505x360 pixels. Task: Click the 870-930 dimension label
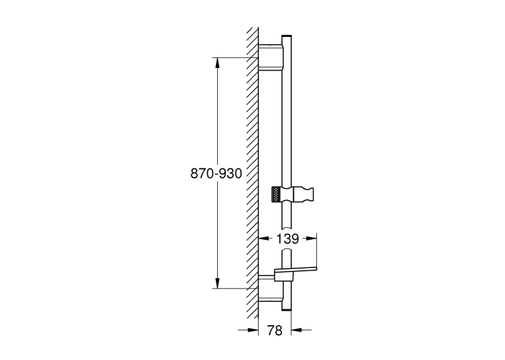click(216, 173)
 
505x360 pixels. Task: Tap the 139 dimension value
click(288, 239)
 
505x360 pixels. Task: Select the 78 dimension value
click(275, 330)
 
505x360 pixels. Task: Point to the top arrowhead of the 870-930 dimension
click(217, 63)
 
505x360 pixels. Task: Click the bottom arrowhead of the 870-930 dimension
click(217, 283)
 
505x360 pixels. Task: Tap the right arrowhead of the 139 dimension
click(312, 238)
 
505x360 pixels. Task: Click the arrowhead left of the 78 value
click(253, 330)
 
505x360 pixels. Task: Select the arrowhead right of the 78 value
click(296, 330)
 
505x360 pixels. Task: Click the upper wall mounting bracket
click(271, 57)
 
